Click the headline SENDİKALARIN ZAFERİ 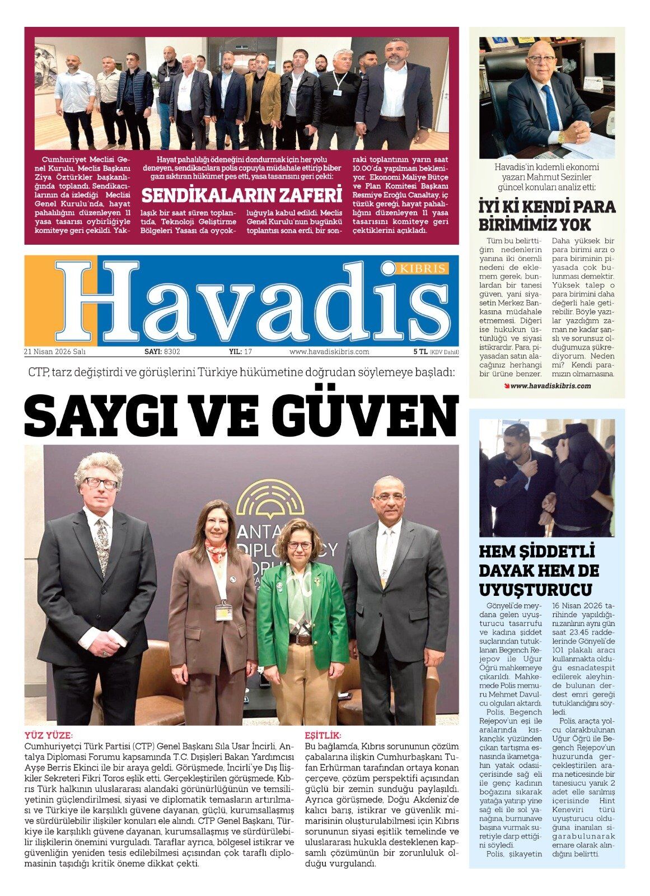click(x=241, y=195)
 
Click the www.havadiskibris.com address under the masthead click(x=329, y=352)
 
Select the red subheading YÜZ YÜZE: click(x=49, y=735)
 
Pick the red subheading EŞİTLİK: click(x=323, y=735)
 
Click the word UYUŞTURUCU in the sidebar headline click(x=536, y=590)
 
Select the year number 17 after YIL click(x=249, y=352)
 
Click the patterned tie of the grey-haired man click(x=102, y=540)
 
